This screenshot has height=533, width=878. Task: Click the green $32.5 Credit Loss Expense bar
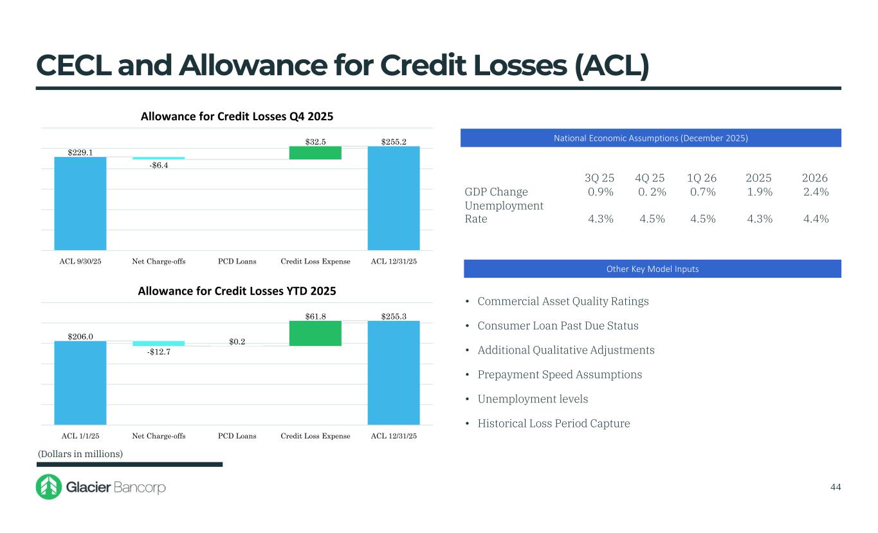[315, 153]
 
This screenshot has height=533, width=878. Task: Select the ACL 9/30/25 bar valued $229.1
[80, 203]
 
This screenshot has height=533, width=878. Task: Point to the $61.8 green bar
[315, 333]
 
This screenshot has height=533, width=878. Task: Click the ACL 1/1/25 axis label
[80, 436]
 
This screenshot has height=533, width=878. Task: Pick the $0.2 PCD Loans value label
[237, 341]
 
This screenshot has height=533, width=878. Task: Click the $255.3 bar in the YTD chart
[393, 372]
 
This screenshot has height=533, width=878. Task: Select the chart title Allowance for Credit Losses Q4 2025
[237, 116]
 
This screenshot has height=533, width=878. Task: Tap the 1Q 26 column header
[701, 178]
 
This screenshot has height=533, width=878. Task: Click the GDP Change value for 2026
[816, 192]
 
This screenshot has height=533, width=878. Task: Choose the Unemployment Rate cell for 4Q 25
[652, 219]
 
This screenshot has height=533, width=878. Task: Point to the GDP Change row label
[496, 192]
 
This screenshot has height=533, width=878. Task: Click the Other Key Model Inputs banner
[650, 269]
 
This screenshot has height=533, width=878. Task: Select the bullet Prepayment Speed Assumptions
[560, 374]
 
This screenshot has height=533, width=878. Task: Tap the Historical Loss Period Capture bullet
[554, 423]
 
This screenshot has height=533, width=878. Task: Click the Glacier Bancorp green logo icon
[48, 487]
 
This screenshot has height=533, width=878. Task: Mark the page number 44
[835, 487]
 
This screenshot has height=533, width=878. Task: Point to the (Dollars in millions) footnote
[80, 454]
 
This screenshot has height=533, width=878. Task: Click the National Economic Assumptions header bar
[650, 138]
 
